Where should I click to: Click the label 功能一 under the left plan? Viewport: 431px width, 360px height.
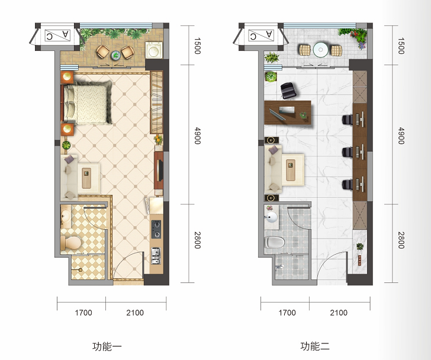(x=107, y=346)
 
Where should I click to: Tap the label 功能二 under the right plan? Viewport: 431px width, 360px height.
(x=315, y=346)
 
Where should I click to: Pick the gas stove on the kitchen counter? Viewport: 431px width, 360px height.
(x=156, y=229)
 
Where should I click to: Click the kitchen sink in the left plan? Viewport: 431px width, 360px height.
(x=156, y=256)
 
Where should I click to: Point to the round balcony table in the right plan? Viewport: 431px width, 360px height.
(x=320, y=50)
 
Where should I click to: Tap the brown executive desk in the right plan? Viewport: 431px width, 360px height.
(x=288, y=112)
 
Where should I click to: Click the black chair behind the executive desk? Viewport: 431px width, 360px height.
(x=288, y=91)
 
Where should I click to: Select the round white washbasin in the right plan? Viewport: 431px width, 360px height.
(x=272, y=217)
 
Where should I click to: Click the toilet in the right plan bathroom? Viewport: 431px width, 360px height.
(x=274, y=242)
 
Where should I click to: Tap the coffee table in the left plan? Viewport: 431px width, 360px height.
(x=86, y=178)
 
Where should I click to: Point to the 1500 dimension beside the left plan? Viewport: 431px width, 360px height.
(x=197, y=46)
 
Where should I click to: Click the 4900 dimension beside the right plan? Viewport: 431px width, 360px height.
(x=401, y=136)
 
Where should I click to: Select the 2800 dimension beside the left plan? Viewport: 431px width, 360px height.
(x=197, y=240)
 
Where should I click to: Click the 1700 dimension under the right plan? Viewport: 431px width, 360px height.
(x=287, y=313)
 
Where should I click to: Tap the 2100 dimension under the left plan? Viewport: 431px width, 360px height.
(x=135, y=313)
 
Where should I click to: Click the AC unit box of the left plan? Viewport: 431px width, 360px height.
(x=57, y=36)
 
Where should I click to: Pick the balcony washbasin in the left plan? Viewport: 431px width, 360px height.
(x=154, y=50)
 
